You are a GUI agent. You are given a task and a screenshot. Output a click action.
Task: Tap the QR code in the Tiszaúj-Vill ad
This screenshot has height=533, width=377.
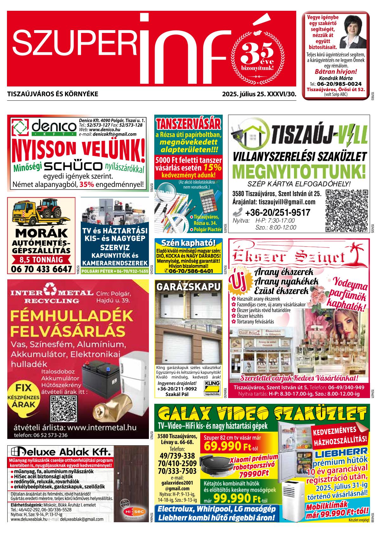[347, 211]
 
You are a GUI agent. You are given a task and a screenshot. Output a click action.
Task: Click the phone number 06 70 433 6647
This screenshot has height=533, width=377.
[41, 269]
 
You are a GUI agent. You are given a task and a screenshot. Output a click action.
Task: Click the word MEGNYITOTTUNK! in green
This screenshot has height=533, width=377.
[299, 171]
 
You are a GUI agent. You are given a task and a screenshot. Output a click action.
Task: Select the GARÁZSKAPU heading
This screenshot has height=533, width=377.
[188, 287]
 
